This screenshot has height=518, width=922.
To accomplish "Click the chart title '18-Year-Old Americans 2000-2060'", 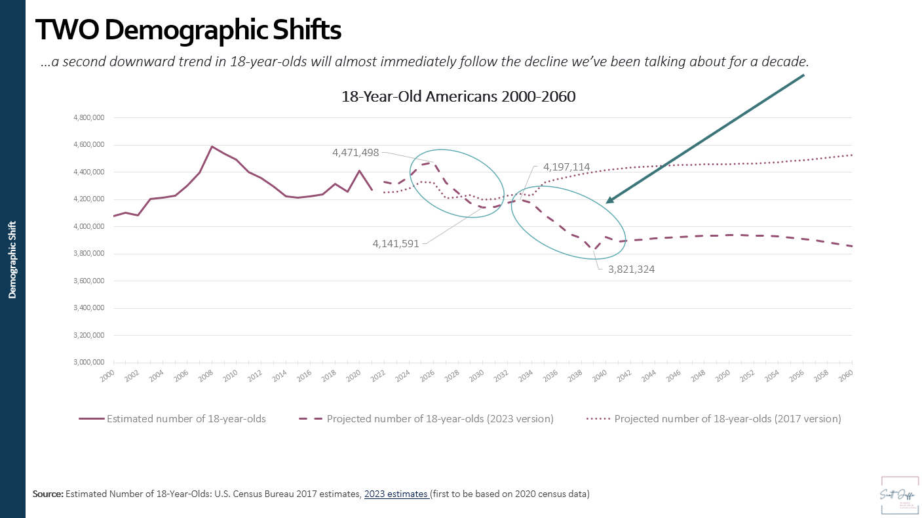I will pos(458,96).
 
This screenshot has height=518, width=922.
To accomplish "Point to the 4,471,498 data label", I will pos(355,152).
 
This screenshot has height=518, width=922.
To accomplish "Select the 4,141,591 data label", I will pos(396,243).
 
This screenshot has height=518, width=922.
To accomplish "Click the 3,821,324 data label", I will pos(631,269).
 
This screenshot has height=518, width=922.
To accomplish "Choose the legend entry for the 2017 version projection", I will pos(727,418).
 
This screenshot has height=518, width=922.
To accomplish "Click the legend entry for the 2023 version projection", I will pos(440,418).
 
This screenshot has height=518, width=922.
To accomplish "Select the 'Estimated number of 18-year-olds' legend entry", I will pos(186,418).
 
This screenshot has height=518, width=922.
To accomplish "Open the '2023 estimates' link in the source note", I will pos(396,494).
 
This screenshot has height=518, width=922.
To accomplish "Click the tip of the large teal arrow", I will pos(607,203).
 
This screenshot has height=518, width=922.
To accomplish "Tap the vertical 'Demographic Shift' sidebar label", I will pos(12,260).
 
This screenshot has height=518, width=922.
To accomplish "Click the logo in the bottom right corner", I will pos(899,494).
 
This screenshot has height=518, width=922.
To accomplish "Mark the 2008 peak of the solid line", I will pos(212,146).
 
